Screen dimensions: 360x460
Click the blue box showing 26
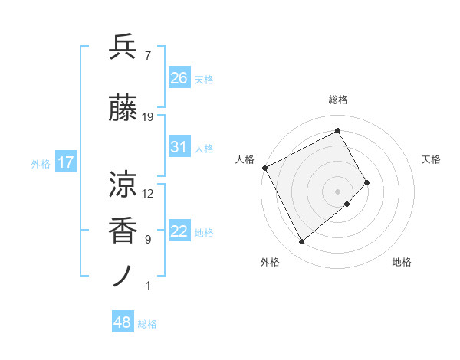pos(179,78)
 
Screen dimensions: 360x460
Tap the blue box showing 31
pos(179,147)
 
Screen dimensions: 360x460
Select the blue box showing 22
pos(179,231)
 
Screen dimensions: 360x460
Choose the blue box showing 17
pos(65,162)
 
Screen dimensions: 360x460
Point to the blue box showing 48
pos(123,322)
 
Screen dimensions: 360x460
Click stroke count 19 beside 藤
pos(148,117)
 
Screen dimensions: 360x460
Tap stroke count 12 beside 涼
pos(148,193)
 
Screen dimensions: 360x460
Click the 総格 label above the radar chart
pos(337,100)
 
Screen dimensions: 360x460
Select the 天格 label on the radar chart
pos(431,159)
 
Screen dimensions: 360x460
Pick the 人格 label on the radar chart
pos(245,159)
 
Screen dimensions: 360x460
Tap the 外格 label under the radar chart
pos(270,262)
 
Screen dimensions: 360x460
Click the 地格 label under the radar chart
pos(402,262)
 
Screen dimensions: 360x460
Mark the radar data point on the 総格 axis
pos(337,131)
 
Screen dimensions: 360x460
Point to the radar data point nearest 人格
pos(264,168)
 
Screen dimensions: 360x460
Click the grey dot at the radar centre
pos(337,190)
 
